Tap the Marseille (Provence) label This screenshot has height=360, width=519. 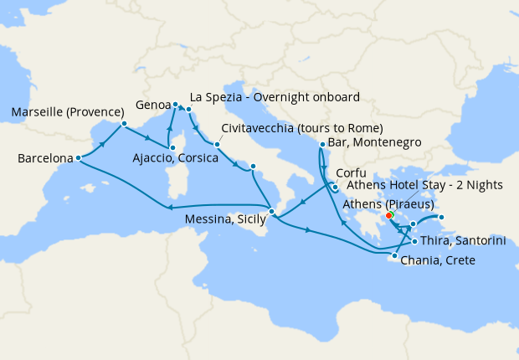[63, 112]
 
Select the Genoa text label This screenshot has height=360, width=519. [153, 105]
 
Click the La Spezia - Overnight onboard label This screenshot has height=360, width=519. [275, 96]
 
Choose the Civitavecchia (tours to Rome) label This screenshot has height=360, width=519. [302, 128]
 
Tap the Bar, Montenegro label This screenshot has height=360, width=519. [374, 143]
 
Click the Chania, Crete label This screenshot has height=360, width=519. [438, 260]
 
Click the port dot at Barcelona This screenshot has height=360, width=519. [78, 157]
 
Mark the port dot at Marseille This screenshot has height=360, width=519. [124, 125]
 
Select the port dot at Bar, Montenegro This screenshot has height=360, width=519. [322, 145]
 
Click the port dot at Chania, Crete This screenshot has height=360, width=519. [395, 255]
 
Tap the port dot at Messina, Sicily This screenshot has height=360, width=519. [272, 211]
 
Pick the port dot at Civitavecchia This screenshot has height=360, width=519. [216, 144]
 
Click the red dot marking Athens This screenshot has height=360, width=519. [390, 215]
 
